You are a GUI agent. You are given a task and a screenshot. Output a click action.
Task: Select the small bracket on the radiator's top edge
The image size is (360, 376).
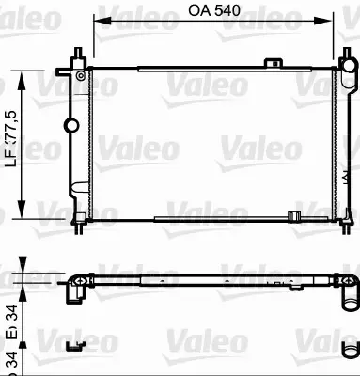274,63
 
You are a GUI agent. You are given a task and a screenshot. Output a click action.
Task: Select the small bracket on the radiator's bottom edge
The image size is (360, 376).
293,219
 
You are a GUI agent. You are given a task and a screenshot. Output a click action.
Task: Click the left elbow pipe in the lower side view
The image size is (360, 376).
76,287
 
